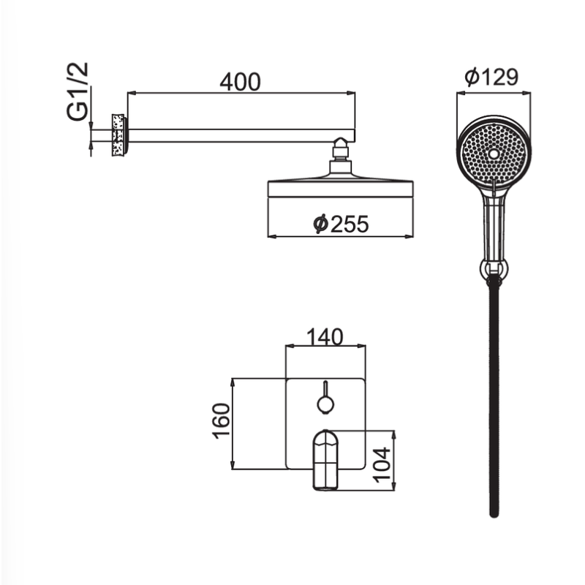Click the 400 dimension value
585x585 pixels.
(x=240, y=82)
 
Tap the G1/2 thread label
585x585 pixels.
(x=78, y=91)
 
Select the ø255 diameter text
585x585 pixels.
(x=341, y=224)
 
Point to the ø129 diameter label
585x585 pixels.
(x=491, y=77)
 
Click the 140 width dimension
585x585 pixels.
(x=325, y=337)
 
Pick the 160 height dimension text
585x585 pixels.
(x=221, y=421)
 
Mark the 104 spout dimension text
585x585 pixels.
(x=382, y=465)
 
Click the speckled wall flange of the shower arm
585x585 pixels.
(x=118, y=135)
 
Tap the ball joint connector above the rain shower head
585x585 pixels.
(x=340, y=148)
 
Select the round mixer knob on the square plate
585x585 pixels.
(x=325, y=404)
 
